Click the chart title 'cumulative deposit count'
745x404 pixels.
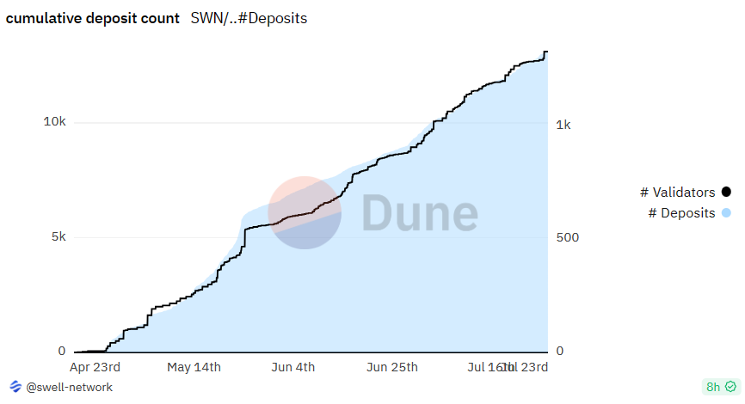click(93, 18)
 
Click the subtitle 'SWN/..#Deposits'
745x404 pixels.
click(249, 18)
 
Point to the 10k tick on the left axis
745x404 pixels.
click(54, 122)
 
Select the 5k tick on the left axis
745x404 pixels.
click(57, 236)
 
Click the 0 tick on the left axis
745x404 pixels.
click(61, 351)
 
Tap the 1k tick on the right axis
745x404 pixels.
click(564, 125)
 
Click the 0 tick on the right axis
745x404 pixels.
click(561, 351)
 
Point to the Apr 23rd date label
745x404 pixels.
click(95, 367)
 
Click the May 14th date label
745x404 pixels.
click(194, 367)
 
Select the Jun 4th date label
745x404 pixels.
click(292, 367)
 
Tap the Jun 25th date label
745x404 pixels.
click(392, 367)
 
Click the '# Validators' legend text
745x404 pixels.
click(678, 192)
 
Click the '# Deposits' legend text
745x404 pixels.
click(681, 212)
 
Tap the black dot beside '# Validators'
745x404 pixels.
click(726, 192)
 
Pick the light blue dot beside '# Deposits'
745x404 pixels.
click(726, 212)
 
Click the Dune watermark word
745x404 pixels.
click(419, 213)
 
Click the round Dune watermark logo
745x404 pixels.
click(305, 213)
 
